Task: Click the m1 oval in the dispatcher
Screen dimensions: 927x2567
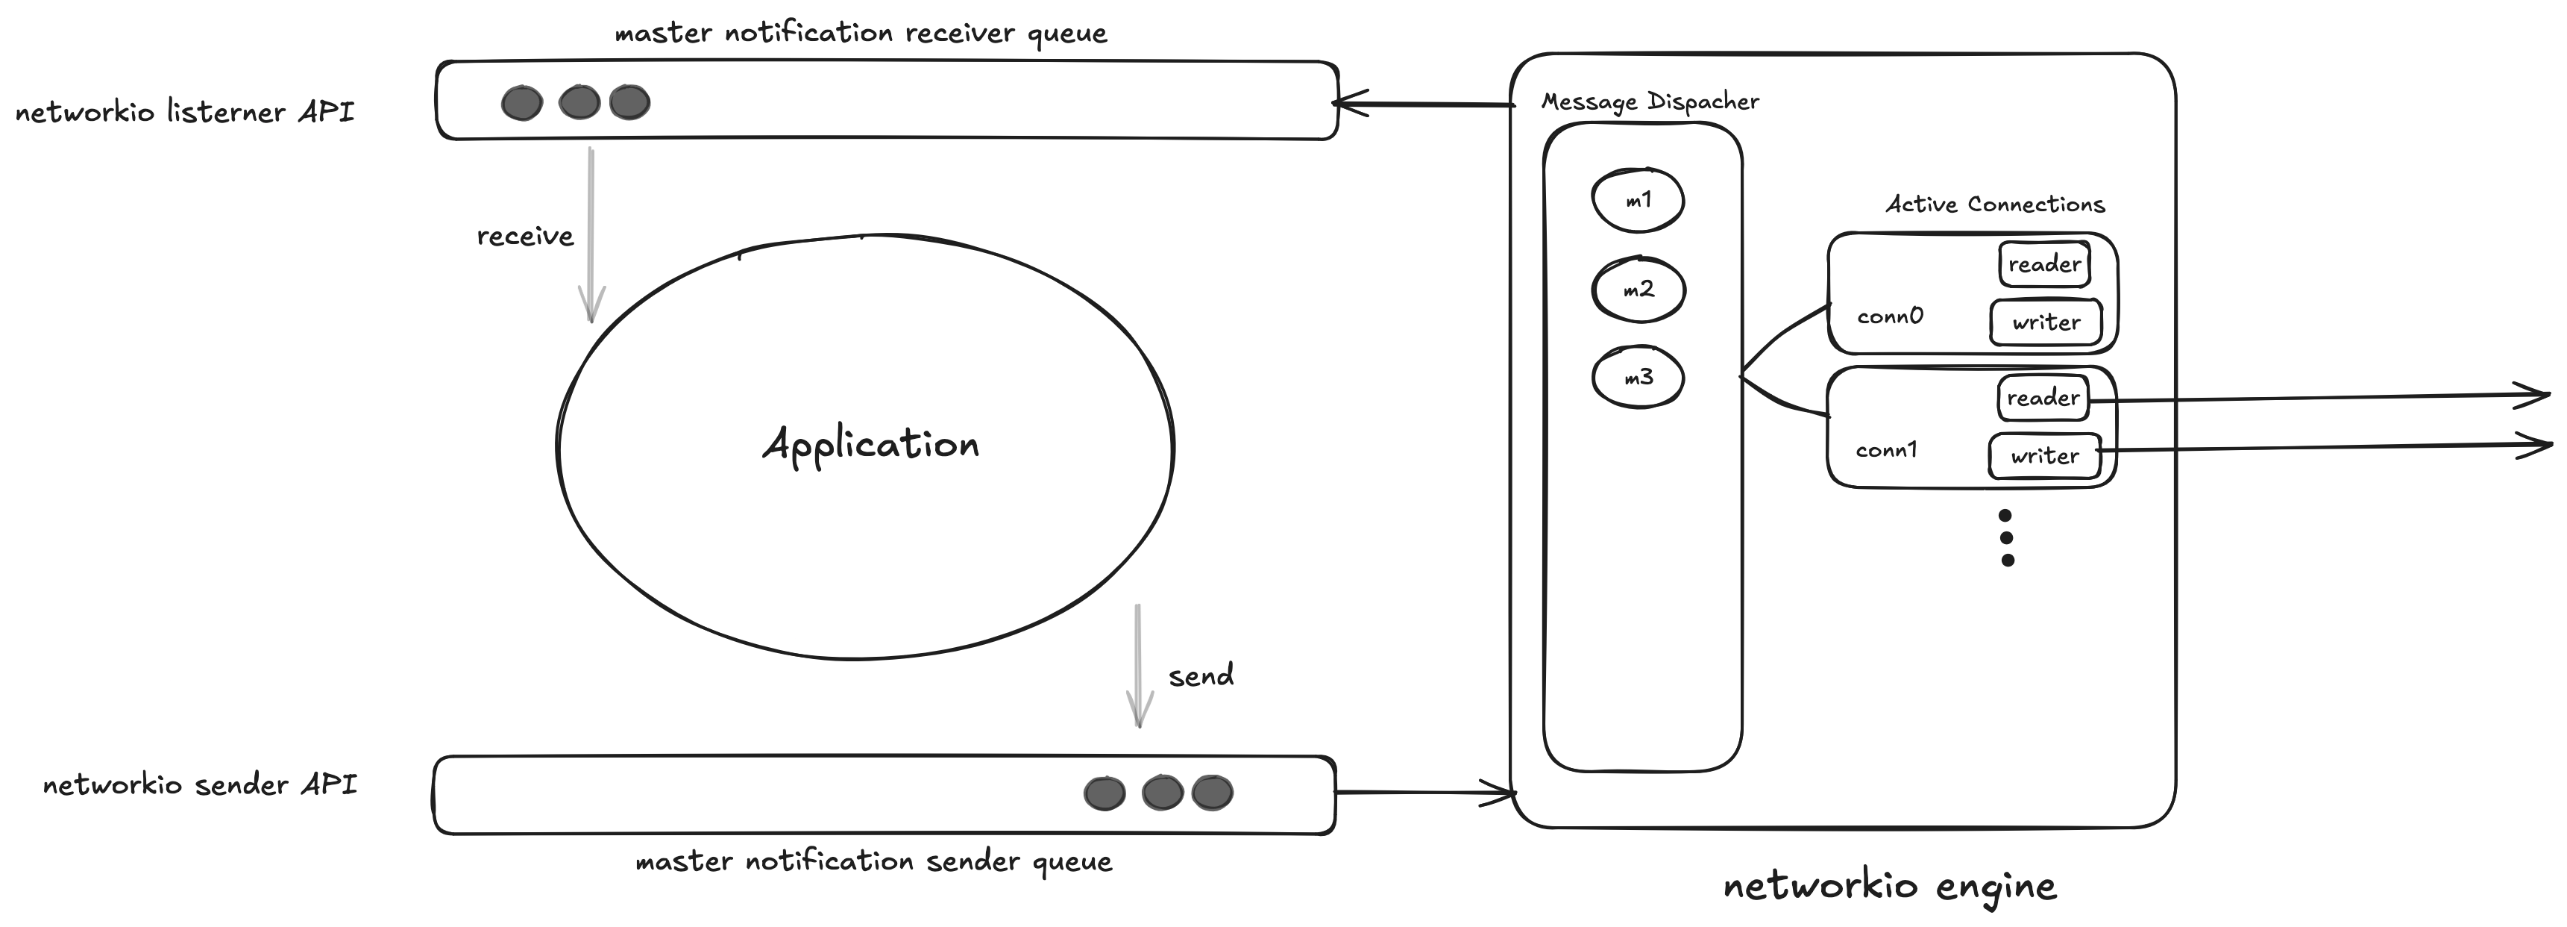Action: click(1637, 200)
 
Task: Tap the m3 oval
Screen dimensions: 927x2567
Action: click(1637, 378)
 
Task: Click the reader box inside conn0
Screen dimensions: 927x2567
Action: click(2044, 264)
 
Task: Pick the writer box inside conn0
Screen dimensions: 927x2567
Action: click(2046, 322)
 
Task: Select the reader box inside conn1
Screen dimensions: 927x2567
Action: click(2042, 398)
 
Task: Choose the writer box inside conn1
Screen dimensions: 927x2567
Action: click(2044, 455)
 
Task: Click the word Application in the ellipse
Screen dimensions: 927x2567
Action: click(870, 445)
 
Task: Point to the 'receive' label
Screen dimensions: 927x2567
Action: click(525, 237)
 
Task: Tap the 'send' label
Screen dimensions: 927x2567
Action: click(1201, 675)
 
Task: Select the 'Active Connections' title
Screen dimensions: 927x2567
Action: click(1994, 205)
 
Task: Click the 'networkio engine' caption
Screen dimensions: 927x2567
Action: click(1889, 885)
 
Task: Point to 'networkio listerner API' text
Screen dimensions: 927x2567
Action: click(184, 112)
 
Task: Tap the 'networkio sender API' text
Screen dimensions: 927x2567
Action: click(199, 784)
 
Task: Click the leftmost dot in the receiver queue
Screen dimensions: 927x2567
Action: click(521, 103)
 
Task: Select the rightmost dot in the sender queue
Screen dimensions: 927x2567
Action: click(1212, 793)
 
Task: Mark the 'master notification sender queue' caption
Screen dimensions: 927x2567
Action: click(873, 861)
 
